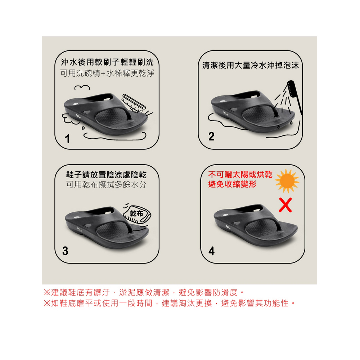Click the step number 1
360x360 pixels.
click(x=67, y=139)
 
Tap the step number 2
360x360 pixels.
click(x=211, y=136)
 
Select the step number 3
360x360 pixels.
click(x=65, y=251)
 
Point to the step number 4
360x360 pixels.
click(x=211, y=251)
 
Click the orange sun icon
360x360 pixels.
click(x=287, y=181)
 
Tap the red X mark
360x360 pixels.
click(x=285, y=205)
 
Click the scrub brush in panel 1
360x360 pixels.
click(x=134, y=103)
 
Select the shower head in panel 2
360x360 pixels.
click(x=294, y=96)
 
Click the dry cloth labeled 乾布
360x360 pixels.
click(x=137, y=214)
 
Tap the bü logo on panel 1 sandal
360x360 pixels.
click(x=78, y=116)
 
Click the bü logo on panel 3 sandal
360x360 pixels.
click(x=80, y=229)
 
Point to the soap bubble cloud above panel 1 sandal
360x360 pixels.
click(x=82, y=88)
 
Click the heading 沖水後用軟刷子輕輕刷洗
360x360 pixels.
click(x=107, y=62)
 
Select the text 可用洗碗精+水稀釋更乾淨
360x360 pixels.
click(x=107, y=73)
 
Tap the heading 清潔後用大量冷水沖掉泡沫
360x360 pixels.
click(x=251, y=66)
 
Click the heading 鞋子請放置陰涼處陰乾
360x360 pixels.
click(x=106, y=175)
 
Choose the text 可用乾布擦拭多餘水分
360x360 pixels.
click(x=106, y=185)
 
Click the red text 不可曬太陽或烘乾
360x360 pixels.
click(x=240, y=175)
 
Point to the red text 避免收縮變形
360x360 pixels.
click(x=232, y=184)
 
